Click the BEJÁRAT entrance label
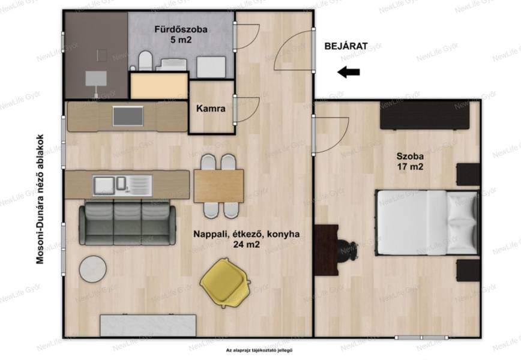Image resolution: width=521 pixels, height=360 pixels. [346, 46]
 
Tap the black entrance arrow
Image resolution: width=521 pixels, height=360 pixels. [348, 72]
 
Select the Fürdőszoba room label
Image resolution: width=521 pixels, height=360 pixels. [181, 29]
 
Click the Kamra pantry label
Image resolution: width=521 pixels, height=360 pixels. [211, 109]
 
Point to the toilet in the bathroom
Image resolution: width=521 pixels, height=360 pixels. [145, 61]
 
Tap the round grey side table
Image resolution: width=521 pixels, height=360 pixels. [92, 269]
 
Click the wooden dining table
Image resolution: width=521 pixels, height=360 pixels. [218, 186]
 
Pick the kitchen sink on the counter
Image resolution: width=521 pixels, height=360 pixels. [122, 185]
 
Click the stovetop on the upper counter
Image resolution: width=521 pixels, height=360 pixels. [128, 116]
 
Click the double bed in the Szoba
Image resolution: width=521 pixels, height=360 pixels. [427, 223]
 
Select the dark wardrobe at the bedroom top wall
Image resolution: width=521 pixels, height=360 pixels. [425, 115]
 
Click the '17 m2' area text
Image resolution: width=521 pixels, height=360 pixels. [411, 166]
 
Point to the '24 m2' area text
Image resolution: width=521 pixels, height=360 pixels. [246, 245]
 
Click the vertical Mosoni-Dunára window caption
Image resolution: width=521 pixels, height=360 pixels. [40, 199]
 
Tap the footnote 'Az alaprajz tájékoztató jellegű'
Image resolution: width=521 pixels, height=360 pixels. [259, 350]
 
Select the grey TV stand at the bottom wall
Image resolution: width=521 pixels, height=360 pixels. [148, 325]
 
